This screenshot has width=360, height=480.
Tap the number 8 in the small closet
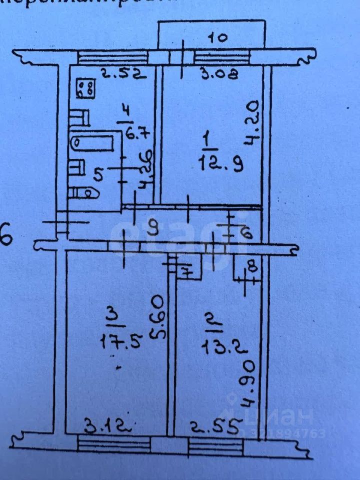(253, 267)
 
